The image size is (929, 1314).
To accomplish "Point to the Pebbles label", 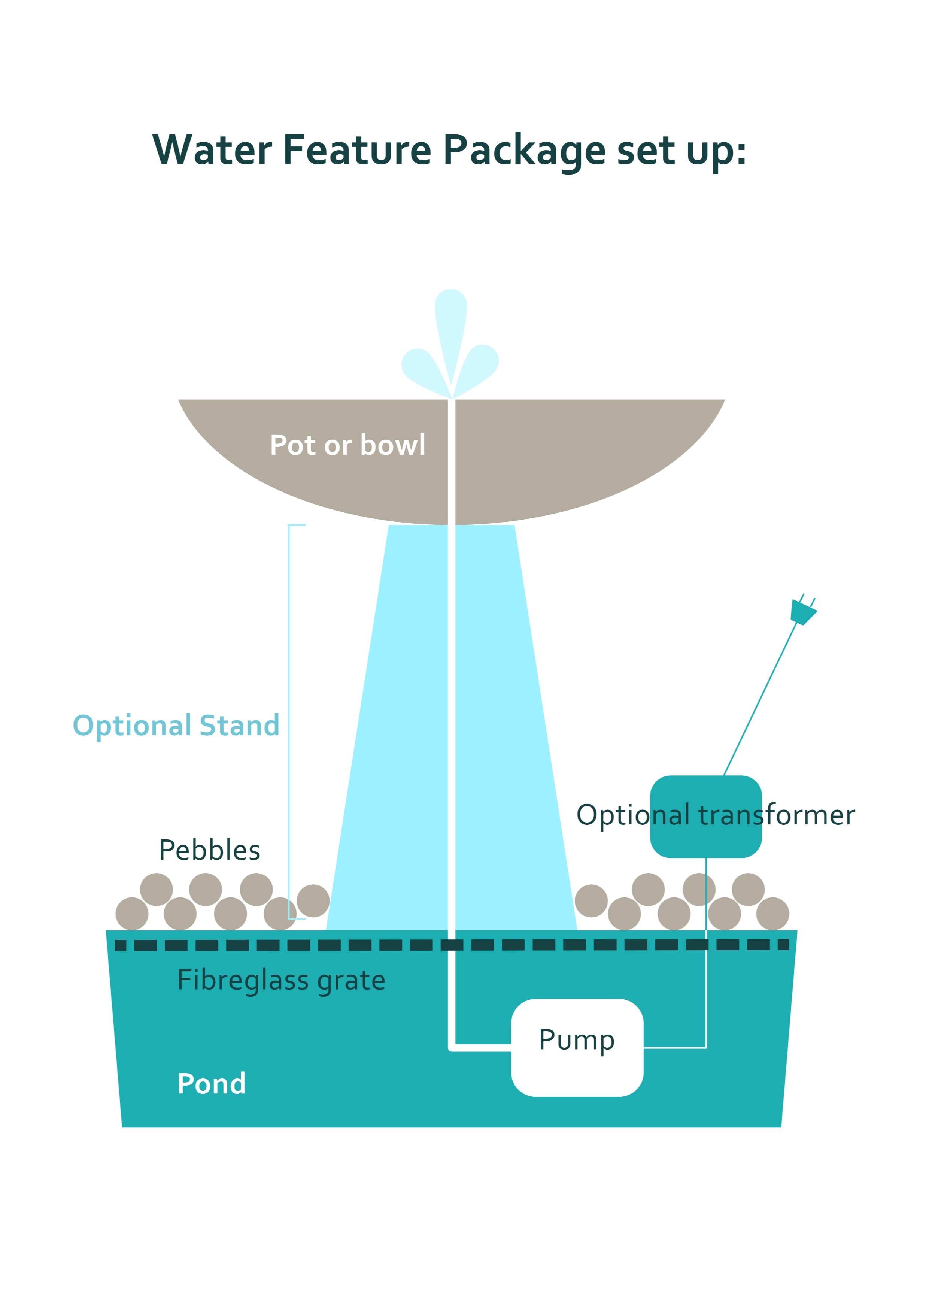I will (209, 850).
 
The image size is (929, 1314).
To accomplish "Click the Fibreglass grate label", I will (281, 980).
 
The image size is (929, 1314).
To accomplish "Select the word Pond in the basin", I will (211, 1083).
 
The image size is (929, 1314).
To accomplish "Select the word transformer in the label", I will (776, 815).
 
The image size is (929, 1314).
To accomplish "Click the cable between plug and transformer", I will (761, 698).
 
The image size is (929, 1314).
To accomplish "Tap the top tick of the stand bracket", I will (297, 525).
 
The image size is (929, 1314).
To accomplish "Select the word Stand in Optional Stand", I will (239, 725).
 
